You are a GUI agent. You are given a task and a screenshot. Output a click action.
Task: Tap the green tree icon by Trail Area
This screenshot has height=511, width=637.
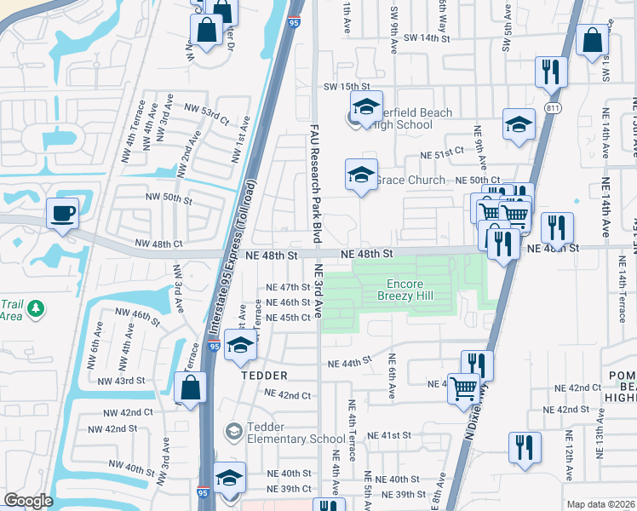[x=35, y=308]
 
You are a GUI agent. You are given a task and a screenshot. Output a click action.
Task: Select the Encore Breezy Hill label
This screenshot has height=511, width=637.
[x=405, y=290]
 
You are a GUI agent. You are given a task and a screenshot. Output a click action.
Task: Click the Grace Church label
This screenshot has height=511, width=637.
[x=410, y=181]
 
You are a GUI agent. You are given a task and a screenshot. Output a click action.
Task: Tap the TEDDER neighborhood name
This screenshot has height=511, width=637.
[x=263, y=376]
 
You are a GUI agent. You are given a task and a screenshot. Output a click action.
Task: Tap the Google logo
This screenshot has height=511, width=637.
[x=28, y=501]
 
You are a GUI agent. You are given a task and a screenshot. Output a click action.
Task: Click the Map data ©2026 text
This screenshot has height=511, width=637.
[x=600, y=504]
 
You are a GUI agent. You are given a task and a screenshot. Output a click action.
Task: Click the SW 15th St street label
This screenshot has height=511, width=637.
[x=344, y=87]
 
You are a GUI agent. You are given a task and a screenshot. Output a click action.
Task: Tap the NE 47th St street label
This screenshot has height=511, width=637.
[x=288, y=288]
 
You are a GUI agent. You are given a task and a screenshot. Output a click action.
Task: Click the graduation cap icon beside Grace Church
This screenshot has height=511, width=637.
[x=361, y=175]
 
